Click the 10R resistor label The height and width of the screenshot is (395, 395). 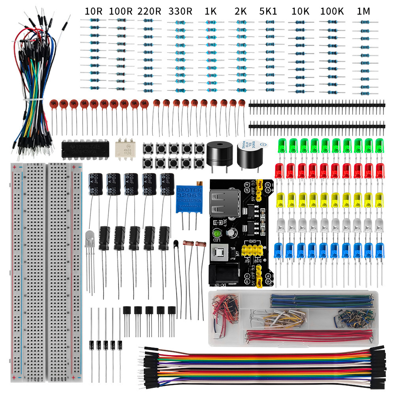coord(94,11)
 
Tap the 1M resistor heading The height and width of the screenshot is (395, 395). coord(363,11)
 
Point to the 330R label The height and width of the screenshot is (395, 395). coord(180,11)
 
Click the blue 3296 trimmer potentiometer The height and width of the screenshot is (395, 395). coord(189,196)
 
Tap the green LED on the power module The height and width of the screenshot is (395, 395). coord(216,233)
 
